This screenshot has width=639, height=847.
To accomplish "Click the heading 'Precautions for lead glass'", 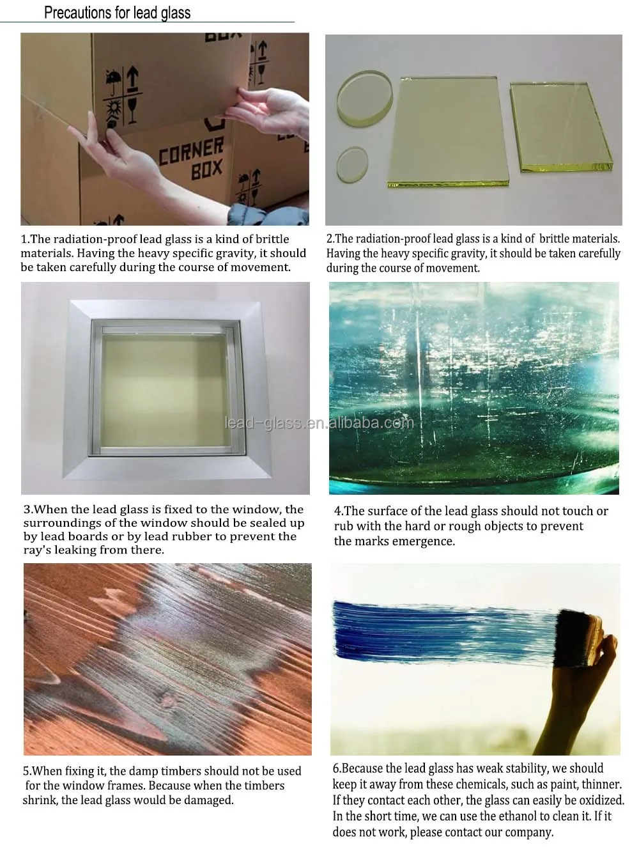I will (117, 12).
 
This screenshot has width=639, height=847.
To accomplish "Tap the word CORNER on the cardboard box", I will (191, 150).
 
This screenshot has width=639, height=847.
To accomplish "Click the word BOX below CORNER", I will (206, 169).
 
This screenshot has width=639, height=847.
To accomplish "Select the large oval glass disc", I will (365, 97).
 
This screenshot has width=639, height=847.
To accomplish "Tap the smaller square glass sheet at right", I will (562, 128).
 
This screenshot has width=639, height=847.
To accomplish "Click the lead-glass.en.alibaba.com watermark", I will (319, 423).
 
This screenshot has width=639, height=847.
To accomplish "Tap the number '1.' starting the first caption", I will (25, 240).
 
